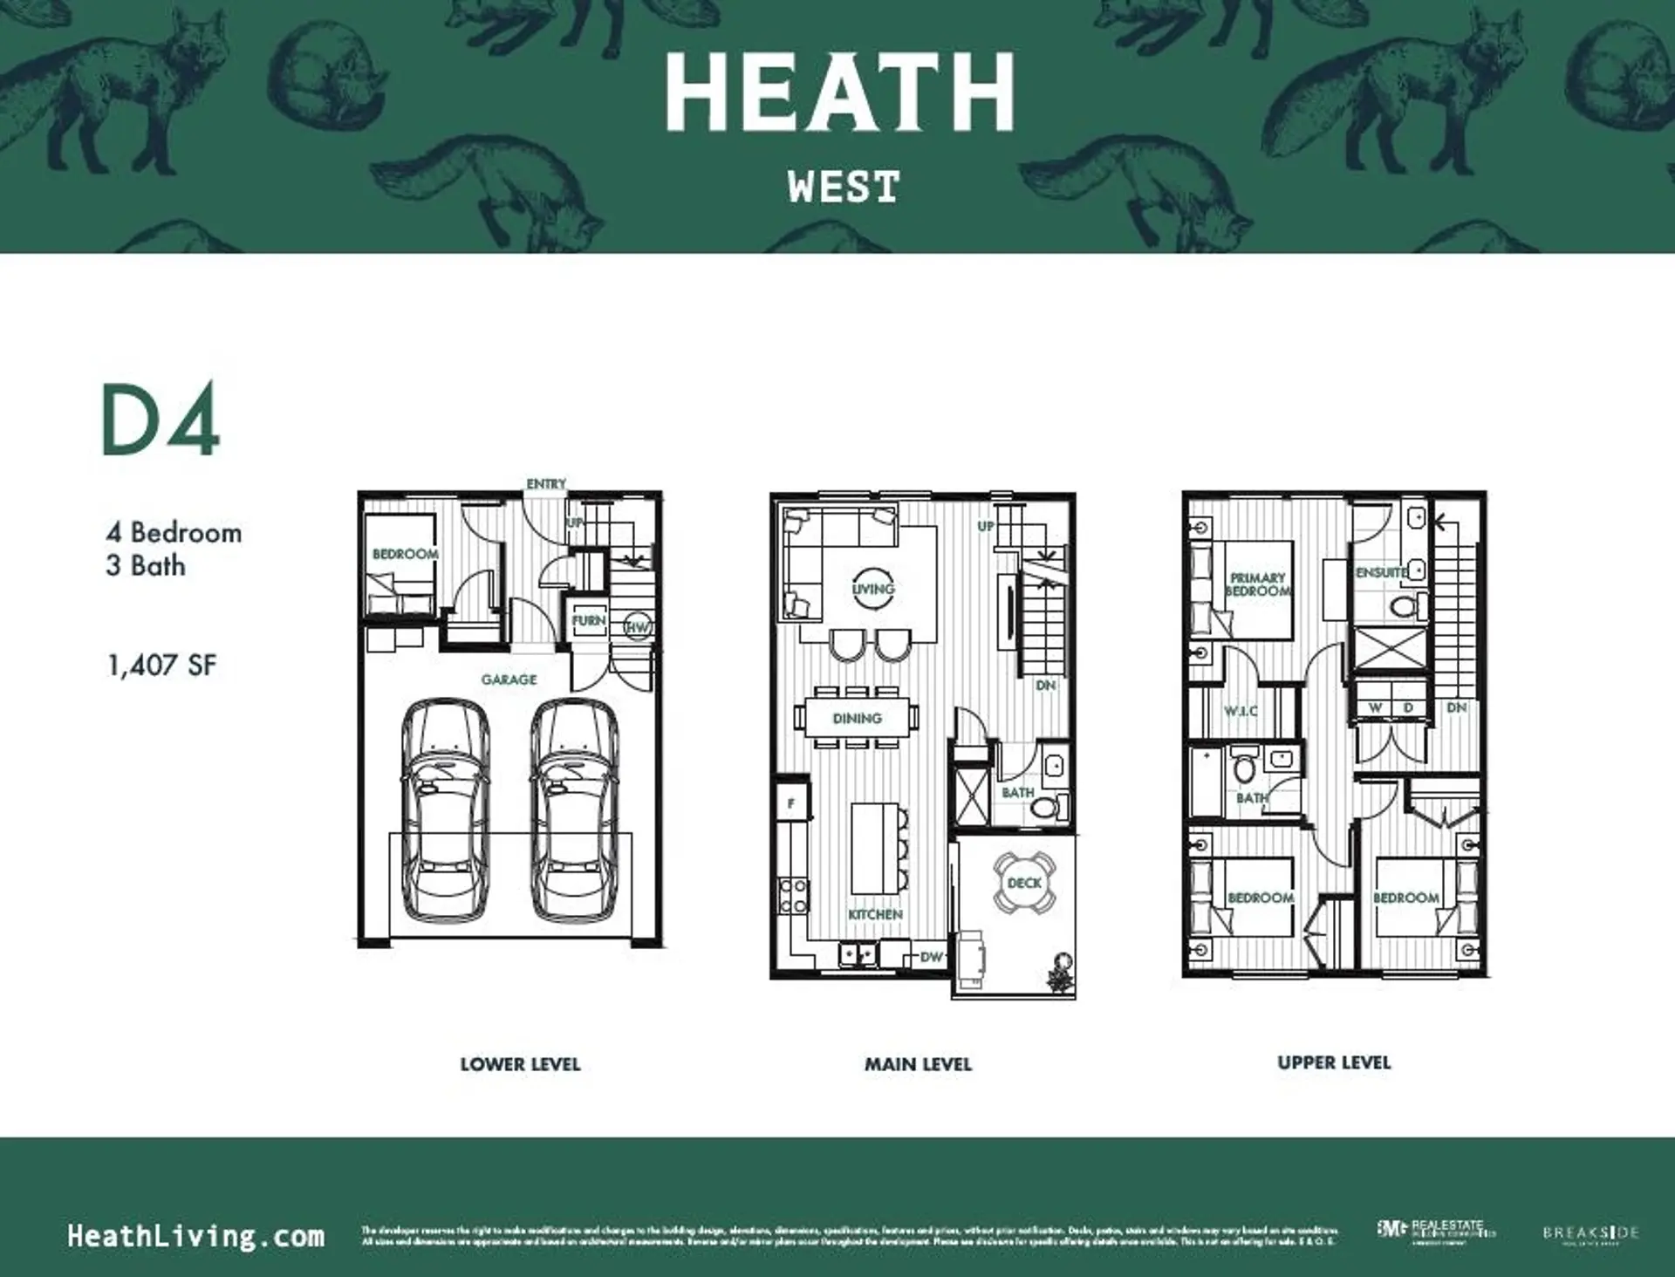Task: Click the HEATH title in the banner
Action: pos(840,92)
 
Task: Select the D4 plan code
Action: pos(161,420)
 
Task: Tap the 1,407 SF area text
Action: pos(161,666)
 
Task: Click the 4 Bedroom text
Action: pos(174,533)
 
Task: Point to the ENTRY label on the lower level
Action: pos(546,483)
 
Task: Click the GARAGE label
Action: pos(509,679)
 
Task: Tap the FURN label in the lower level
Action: pos(589,621)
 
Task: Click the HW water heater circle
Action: pos(638,627)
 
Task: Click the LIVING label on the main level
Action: pos(873,589)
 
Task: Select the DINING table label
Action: pos(857,718)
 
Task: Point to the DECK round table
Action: pos(1024,883)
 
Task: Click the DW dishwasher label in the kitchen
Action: pos(932,957)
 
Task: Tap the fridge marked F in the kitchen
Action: pos(792,803)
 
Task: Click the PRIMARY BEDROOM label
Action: pos(1257,584)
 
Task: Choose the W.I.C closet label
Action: pos(1240,711)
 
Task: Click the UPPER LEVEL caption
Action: pos(1334,1062)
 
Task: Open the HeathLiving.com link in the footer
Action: pos(195,1236)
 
